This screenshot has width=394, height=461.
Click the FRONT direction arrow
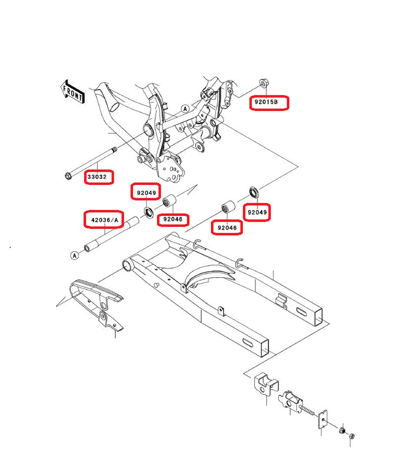tap(72, 91)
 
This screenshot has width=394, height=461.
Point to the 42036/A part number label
tap(104, 220)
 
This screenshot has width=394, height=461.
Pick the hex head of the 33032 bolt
tap(67, 176)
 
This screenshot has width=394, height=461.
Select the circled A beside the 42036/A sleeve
tap(75, 256)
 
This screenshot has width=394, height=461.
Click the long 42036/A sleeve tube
tap(110, 234)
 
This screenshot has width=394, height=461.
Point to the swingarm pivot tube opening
tap(128, 265)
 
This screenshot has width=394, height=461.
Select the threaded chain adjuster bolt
tap(308, 410)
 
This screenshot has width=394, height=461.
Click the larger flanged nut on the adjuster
tap(342, 430)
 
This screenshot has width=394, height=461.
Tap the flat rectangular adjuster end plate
tap(323, 420)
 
